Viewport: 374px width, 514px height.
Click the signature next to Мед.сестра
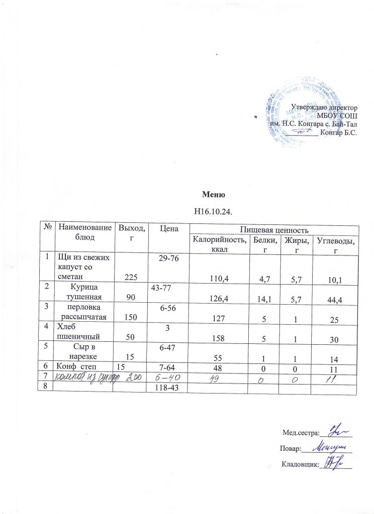tap(337, 431)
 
